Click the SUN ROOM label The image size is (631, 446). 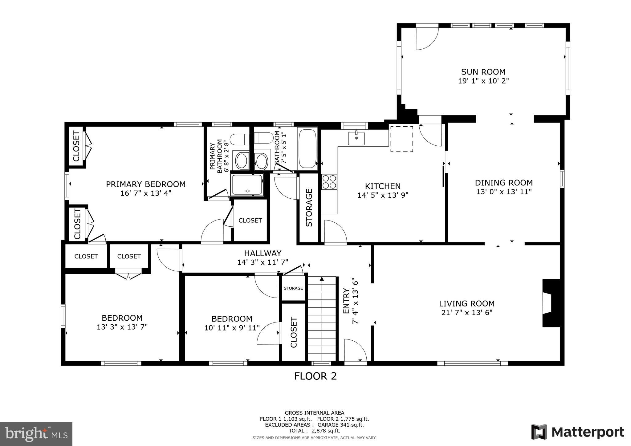483,72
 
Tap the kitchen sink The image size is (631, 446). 356,138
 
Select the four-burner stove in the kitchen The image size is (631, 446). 329,182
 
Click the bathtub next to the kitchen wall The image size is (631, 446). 307,148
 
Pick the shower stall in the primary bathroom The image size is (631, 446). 247,184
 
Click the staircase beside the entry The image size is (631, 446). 322,319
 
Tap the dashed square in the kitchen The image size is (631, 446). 402,139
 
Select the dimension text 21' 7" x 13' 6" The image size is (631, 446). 466,312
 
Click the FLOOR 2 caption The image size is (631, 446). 315,376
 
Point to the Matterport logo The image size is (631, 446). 577,432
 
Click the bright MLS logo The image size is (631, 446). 36,434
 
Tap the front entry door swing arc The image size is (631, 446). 355,350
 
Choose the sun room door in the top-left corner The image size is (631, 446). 426,39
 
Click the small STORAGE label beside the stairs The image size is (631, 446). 293,288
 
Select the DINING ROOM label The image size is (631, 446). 503,183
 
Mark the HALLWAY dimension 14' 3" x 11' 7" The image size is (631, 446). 263,262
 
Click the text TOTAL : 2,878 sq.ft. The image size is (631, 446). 314,431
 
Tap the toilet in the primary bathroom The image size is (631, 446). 240,139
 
